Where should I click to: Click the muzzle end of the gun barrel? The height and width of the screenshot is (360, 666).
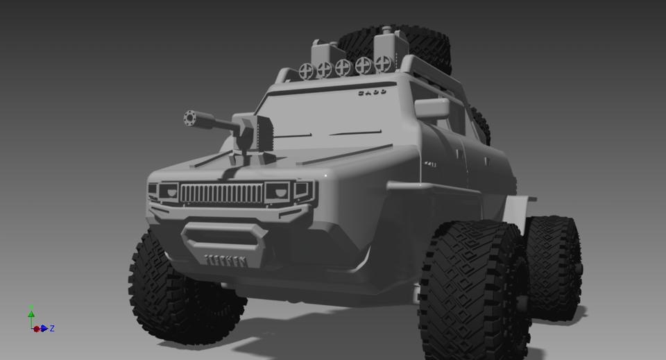[190, 119]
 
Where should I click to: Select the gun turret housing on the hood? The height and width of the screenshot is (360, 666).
[254, 135]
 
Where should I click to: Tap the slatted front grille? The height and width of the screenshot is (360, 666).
[222, 193]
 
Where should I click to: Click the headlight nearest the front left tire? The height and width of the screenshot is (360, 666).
[167, 191]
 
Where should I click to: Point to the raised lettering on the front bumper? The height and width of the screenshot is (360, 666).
[225, 261]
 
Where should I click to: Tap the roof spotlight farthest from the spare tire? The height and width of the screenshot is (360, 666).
[306, 70]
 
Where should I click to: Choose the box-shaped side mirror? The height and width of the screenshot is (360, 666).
[432, 108]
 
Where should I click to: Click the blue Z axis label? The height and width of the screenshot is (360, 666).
[52, 329]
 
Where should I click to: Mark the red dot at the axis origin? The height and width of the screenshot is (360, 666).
[36, 329]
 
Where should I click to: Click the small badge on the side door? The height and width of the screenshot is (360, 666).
[430, 164]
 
